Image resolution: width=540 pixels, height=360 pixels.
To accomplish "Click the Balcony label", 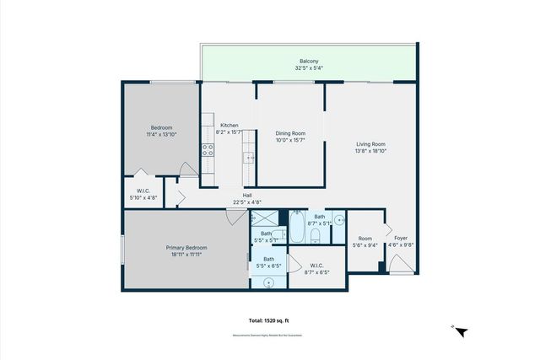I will [x=309, y=62].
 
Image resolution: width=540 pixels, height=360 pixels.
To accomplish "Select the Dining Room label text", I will [x=289, y=133].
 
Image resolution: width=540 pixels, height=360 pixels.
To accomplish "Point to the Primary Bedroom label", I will [x=186, y=247].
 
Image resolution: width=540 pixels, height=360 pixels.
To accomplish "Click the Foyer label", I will [x=401, y=239].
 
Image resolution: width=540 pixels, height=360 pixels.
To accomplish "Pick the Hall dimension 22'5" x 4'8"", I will [x=247, y=202].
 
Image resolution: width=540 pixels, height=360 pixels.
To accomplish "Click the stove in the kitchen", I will [x=207, y=151].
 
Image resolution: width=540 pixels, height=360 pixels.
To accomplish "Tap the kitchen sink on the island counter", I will [x=250, y=157].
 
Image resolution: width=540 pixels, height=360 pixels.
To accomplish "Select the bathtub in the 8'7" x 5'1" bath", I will [x=298, y=228].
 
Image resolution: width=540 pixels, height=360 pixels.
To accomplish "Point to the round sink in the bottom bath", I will [x=269, y=282].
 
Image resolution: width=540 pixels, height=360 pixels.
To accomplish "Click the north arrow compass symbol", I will [x=460, y=331].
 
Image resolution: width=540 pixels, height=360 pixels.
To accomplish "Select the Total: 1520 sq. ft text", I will [x=268, y=320].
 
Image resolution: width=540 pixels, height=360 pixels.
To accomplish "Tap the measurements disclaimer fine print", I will [x=267, y=335].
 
